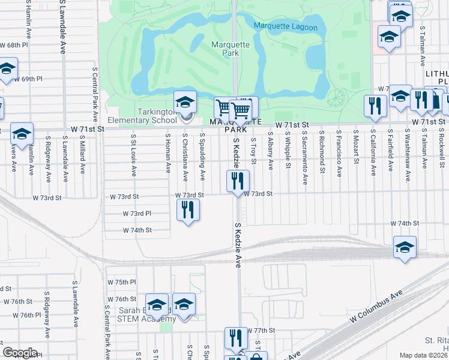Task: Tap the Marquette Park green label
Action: coord(226,49)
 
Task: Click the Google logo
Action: coord(20,353)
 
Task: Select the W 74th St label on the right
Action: coord(404,223)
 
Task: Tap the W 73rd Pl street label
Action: coord(137,214)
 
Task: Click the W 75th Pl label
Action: coord(122,282)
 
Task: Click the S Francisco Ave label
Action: coord(339,154)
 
